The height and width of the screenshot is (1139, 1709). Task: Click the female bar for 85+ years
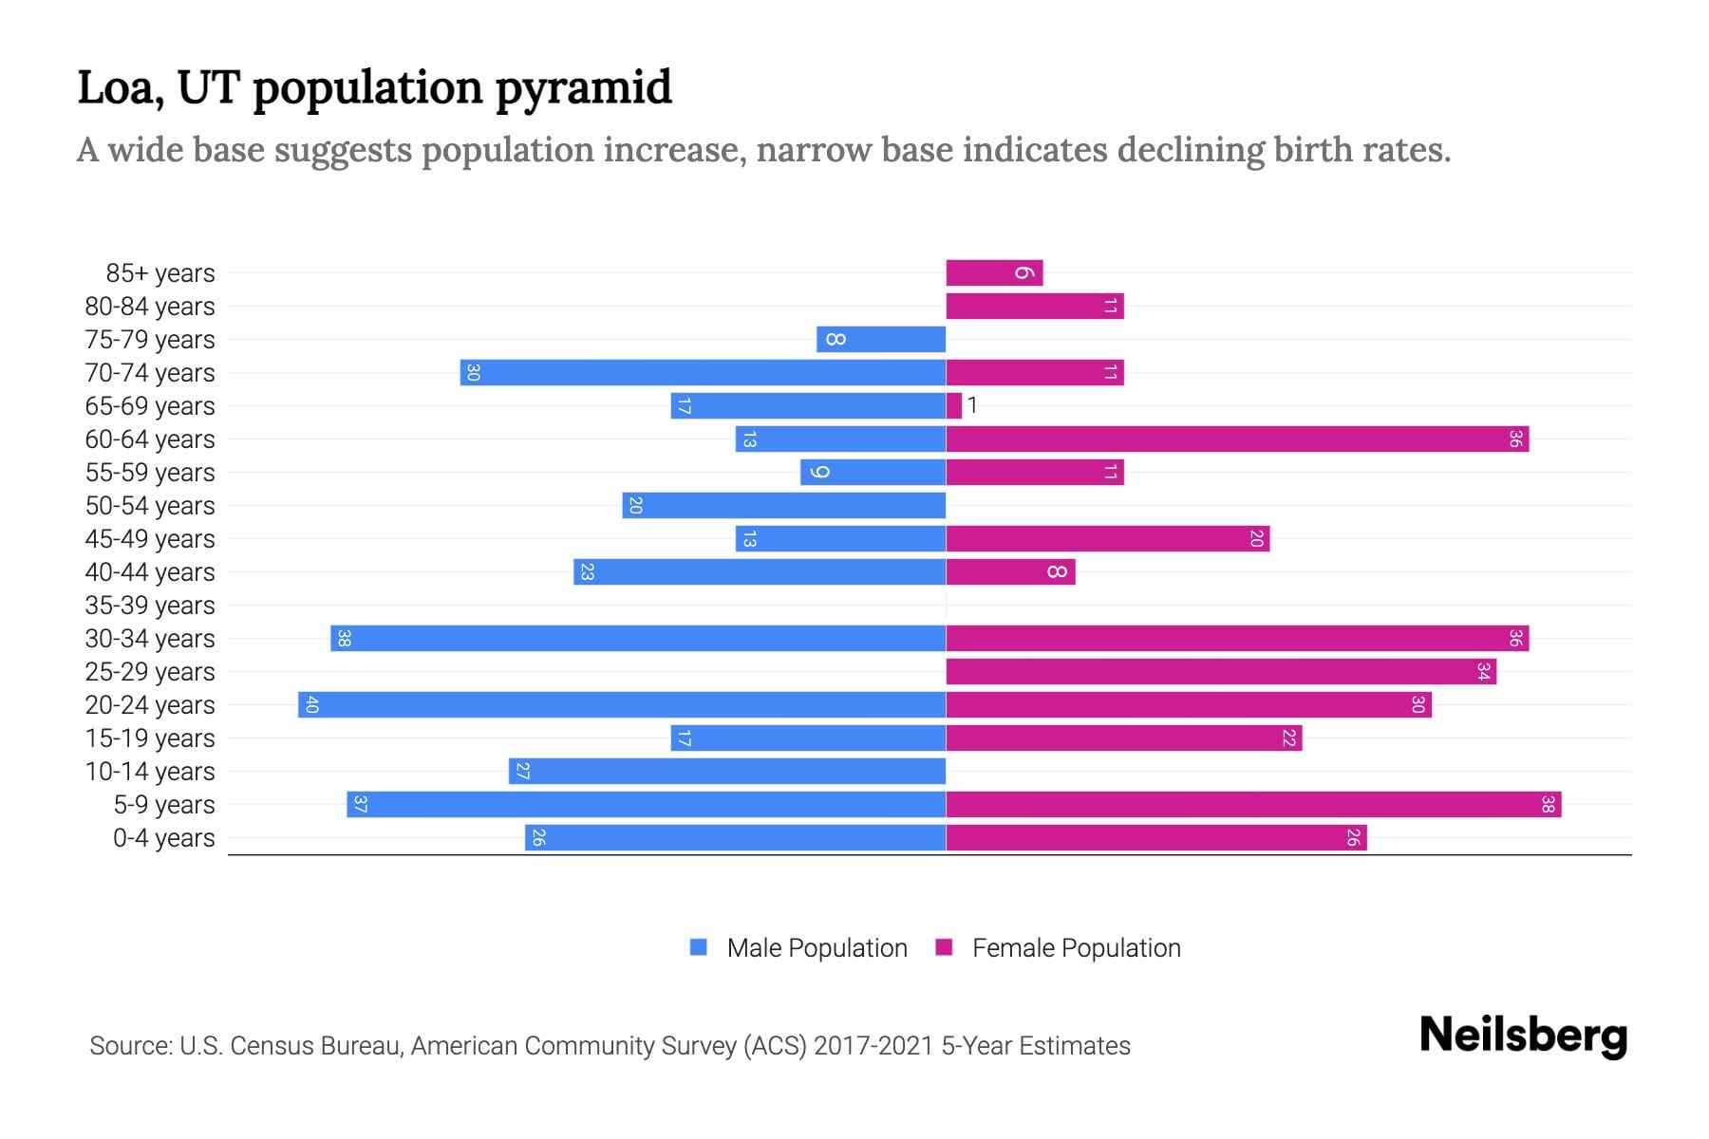coord(993,273)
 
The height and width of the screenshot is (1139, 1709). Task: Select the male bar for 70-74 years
coord(703,373)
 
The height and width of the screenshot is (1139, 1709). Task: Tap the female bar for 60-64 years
coord(1236,439)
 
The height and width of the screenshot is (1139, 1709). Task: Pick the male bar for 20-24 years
coord(622,705)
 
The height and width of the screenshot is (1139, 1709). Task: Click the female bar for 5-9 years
coord(1253,805)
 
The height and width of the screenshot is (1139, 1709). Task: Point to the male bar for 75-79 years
coord(881,340)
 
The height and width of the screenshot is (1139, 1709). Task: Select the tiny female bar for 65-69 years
coord(953,406)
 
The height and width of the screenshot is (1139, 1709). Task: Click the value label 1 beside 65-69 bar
coord(972,406)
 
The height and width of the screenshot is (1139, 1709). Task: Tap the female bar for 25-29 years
coord(1220,672)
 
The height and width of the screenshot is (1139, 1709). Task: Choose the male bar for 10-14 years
coord(727,772)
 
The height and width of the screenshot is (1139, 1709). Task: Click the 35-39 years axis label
coord(150,606)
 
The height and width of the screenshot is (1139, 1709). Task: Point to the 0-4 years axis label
coord(163,838)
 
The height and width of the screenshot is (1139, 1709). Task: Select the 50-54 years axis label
coord(150,506)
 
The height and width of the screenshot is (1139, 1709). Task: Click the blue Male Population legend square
coord(699,947)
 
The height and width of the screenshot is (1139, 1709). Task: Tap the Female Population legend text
coord(1076,948)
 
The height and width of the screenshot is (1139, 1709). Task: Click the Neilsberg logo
coord(1523,1036)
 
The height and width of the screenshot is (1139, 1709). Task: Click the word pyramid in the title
coord(583,88)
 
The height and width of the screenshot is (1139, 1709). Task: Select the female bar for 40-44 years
coord(1010,572)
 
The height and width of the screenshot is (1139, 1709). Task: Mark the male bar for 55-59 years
coord(873,473)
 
